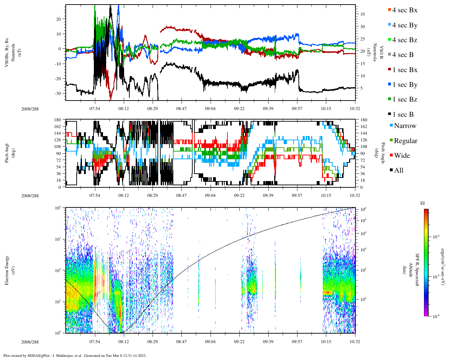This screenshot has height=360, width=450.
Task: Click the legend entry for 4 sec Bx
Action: (405, 10)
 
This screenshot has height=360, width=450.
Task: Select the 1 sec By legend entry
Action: (405, 85)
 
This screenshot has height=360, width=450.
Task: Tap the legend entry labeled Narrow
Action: (405, 126)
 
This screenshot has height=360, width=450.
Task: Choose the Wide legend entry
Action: (402, 156)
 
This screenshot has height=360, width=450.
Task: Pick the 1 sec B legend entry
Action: (403, 115)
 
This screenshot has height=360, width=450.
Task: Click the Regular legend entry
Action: (405, 141)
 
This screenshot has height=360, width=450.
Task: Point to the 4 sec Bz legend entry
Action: (405, 40)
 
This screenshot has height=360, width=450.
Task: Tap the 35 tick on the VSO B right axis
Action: (362, 14)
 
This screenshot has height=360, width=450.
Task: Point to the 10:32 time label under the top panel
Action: (355, 109)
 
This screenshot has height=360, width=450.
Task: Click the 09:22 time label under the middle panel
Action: (239, 196)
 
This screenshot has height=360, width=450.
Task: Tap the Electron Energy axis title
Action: (7, 270)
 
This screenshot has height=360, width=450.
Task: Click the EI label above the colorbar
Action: (423, 203)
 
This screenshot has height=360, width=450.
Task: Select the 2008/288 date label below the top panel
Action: (30, 109)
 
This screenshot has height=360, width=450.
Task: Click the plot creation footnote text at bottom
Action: (75, 355)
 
